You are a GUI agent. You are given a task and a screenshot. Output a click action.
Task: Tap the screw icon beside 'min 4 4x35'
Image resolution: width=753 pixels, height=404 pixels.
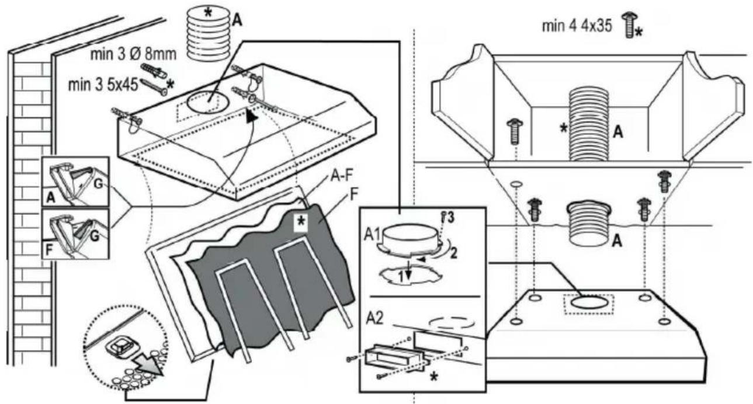click(630, 25)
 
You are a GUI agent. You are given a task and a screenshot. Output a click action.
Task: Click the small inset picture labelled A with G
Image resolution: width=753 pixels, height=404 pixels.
click(76, 181)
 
